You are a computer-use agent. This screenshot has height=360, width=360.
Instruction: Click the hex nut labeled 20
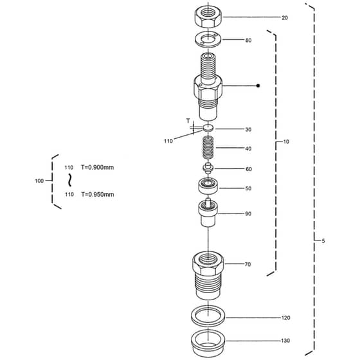(208, 17)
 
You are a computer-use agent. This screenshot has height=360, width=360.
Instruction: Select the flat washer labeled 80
(208, 40)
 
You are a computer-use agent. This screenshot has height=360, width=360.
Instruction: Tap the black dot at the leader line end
(258, 85)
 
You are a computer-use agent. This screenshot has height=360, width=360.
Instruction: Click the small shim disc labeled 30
(208, 128)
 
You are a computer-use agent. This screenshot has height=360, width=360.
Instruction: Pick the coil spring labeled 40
(208, 147)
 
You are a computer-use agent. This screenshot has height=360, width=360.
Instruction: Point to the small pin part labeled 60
(208, 168)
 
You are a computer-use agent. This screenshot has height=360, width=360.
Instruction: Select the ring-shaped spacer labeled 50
(208, 186)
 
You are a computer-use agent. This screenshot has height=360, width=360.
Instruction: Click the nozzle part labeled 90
(208, 212)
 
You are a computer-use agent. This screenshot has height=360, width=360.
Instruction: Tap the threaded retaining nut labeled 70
(208, 275)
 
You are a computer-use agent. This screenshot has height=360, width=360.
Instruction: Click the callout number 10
(286, 141)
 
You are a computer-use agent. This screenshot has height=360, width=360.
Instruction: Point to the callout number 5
(323, 241)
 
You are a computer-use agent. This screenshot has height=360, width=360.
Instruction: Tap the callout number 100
(39, 181)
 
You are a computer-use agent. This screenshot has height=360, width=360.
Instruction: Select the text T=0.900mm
(97, 167)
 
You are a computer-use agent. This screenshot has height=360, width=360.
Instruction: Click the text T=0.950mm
(98, 194)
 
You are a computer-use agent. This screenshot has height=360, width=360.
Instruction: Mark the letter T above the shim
(188, 121)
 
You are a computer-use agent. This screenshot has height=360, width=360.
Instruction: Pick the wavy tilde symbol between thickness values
(70, 180)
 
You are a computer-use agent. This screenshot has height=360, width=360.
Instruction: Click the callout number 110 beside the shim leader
(168, 141)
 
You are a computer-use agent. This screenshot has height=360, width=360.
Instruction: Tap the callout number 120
(285, 318)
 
